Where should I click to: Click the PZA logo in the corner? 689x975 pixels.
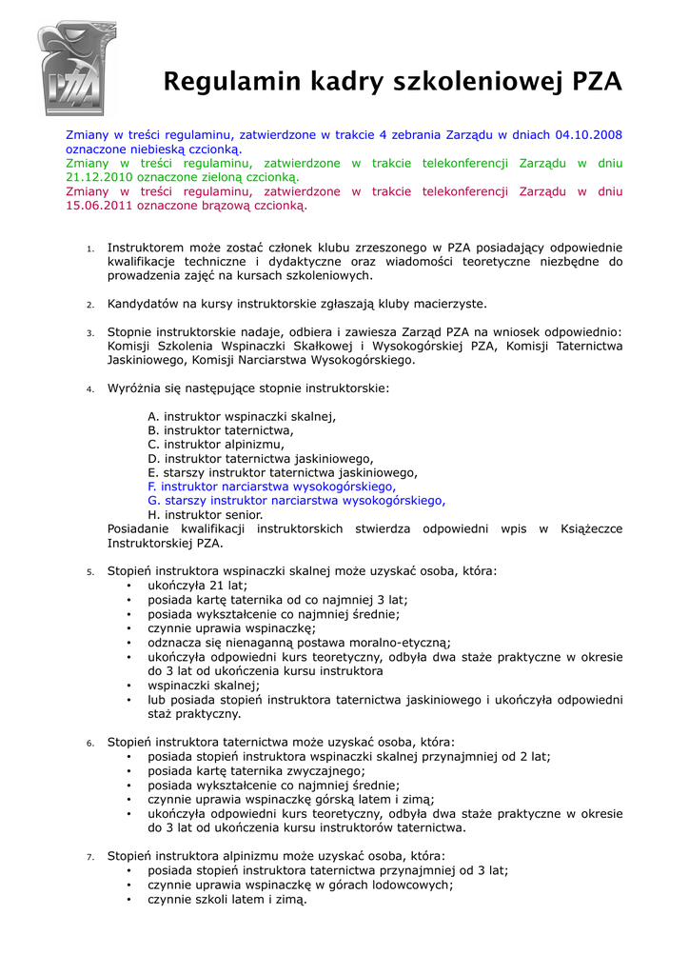pyautogui.click(x=76, y=69)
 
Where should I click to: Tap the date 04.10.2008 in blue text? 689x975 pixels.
pyautogui.click(x=588, y=135)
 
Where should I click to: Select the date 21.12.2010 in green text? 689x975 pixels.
pyautogui.click(x=99, y=177)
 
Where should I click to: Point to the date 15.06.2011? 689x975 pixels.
pyautogui.click(x=100, y=205)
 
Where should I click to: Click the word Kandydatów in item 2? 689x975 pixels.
pyautogui.click(x=142, y=304)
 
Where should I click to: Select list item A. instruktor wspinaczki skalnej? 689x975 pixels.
pyautogui.click(x=242, y=416)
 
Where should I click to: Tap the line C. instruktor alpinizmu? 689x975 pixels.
pyautogui.click(x=216, y=444)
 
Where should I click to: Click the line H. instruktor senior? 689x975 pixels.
pyautogui.click(x=205, y=514)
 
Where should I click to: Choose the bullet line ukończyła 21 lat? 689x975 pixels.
pyautogui.click(x=197, y=586)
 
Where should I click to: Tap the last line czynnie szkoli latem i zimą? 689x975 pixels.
pyautogui.click(x=227, y=899)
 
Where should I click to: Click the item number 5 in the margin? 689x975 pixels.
pyautogui.click(x=89, y=572)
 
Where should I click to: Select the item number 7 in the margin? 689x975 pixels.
pyautogui.click(x=89, y=857)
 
